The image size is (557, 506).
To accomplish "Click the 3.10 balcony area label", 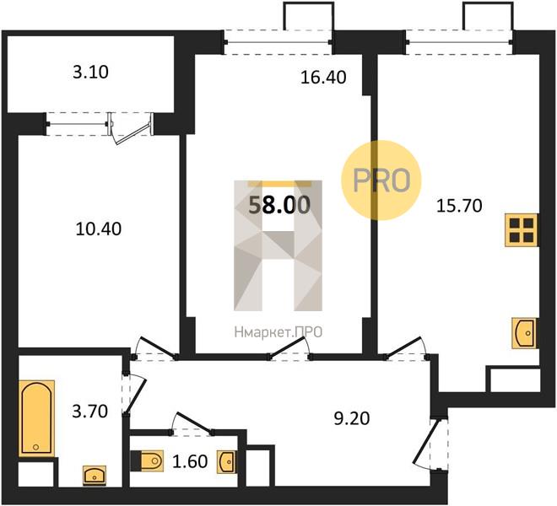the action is pyautogui.click(x=90, y=72).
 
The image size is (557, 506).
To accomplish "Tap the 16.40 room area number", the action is pyautogui.click(x=323, y=78).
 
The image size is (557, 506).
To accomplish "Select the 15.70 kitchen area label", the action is pyautogui.click(x=459, y=206).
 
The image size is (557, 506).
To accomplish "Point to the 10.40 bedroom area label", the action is pyautogui.click(x=99, y=229).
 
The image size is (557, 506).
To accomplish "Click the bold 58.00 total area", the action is pyautogui.click(x=279, y=205).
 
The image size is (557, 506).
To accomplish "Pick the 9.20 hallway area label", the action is pyautogui.click(x=352, y=418).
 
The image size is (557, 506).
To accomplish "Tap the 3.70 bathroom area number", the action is pyautogui.click(x=89, y=412).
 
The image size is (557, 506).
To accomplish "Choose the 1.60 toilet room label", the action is pyautogui.click(x=190, y=461).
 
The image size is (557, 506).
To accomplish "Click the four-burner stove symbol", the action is pyautogui.click(x=522, y=230).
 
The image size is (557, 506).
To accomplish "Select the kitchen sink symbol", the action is pyautogui.click(x=524, y=333).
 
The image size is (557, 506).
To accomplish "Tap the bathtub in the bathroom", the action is pyautogui.click(x=36, y=418).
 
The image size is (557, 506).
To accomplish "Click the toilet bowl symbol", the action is pyautogui.click(x=148, y=461).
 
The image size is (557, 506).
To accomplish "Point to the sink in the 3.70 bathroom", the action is pyautogui.click(x=95, y=476).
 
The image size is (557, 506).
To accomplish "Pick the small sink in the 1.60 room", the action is pyautogui.click(x=226, y=462).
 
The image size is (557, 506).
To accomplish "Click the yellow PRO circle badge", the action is pyautogui.click(x=381, y=180).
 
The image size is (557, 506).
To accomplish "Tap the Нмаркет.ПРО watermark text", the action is pyautogui.click(x=278, y=332).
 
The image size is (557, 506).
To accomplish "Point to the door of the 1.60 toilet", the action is pyautogui.click(x=195, y=423).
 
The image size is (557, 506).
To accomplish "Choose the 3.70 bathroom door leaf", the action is pyautogui.click(x=136, y=396).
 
